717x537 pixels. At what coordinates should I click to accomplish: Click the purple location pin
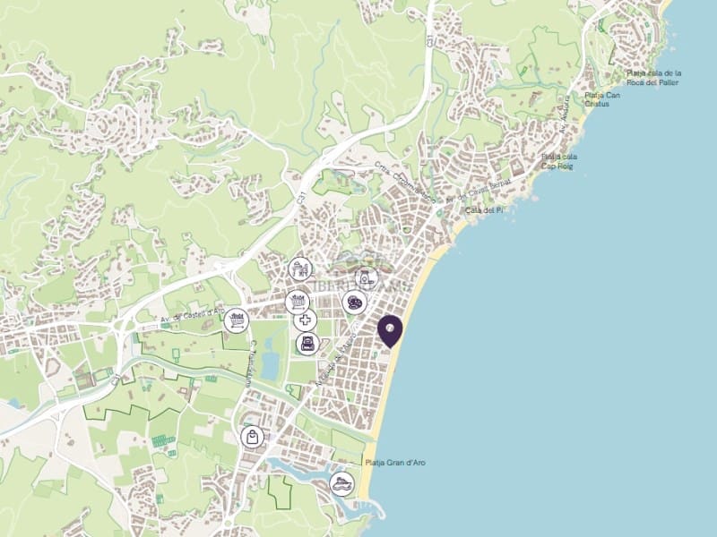(x=390, y=329)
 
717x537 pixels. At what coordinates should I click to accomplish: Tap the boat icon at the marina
(x=341, y=484)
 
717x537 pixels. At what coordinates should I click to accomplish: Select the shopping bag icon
(x=254, y=438)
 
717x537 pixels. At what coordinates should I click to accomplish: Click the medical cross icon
(x=306, y=321)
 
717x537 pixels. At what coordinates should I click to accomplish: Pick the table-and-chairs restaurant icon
(x=299, y=268)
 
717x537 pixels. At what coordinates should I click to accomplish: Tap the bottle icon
(x=365, y=278)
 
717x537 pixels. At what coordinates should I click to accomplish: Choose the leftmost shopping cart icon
(x=236, y=317)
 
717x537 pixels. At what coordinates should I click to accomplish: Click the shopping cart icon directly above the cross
(x=298, y=301)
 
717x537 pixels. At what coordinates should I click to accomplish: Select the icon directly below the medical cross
(x=307, y=344)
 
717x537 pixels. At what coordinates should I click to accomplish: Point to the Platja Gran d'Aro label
(x=396, y=463)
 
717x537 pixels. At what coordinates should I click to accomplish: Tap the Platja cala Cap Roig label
(x=559, y=161)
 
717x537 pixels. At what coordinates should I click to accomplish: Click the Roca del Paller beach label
(x=653, y=78)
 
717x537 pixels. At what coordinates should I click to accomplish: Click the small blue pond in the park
(x=271, y=367)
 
